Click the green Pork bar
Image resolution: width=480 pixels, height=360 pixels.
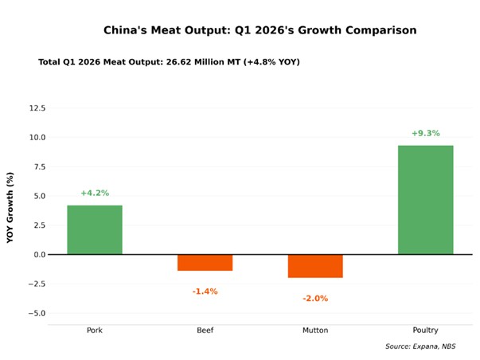(95, 229)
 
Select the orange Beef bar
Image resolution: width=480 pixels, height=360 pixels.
(205, 262)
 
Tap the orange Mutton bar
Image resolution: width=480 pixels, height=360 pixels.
(315, 266)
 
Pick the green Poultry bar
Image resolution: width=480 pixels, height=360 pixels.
(425, 200)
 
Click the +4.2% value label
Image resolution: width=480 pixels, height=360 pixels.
(95, 193)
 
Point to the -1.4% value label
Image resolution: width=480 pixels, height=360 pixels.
(205, 292)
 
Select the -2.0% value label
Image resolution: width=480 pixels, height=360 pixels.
(315, 299)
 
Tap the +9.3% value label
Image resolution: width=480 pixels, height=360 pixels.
(425, 133)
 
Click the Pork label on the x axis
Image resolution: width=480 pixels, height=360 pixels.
(95, 330)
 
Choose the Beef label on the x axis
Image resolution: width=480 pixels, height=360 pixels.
(205, 330)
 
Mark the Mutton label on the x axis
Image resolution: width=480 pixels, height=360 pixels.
(315, 330)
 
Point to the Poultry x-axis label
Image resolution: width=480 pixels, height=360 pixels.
(425, 330)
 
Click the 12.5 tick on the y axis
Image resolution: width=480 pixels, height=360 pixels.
(37, 108)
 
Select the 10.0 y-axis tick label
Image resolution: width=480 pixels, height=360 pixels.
(37, 137)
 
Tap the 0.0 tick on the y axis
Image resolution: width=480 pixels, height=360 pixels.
(38, 254)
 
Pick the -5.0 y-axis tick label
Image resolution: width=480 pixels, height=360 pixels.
(37, 313)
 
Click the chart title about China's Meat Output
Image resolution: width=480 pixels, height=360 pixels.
(260, 30)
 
